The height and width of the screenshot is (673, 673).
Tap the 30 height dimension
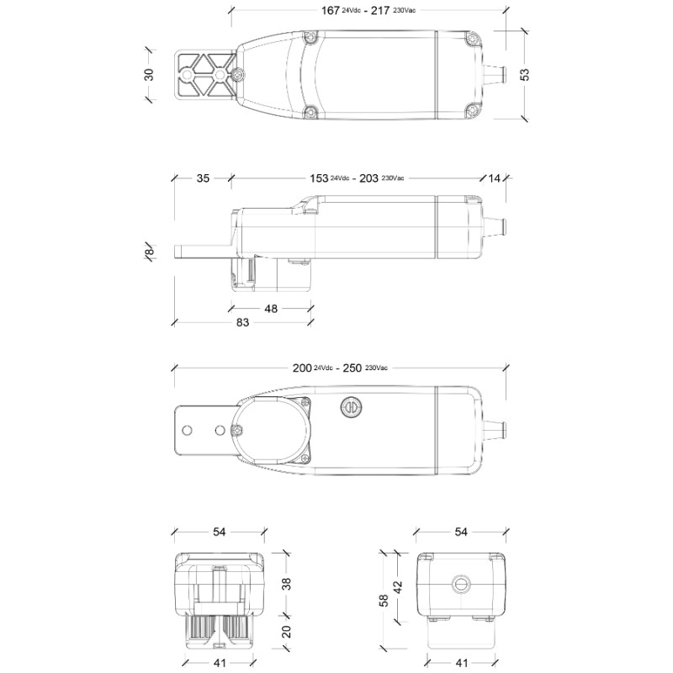(x=149, y=74)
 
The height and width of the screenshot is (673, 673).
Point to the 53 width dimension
(x=525, y=74)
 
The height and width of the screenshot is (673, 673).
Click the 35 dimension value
(x=204, y=178)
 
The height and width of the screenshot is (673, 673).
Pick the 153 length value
(x=320, y=178)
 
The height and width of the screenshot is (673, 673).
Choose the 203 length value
(x=369, y=178)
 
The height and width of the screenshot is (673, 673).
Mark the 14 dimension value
(x=494, y=178)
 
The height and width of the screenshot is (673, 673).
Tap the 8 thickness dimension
(x=149, y=252)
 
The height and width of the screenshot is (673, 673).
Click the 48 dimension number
(x=271, y=309)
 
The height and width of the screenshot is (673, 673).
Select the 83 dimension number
(x=242, y=322)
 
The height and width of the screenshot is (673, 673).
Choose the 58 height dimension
(x=384, y=600)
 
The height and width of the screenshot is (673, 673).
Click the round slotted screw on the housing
(x=349, y=409)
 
